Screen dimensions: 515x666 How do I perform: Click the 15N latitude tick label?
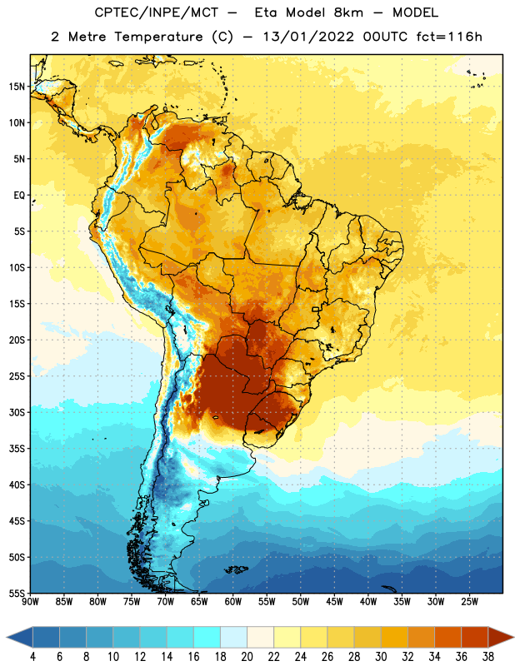(x=17, y=87)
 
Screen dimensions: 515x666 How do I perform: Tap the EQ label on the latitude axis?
(x=19, y=196)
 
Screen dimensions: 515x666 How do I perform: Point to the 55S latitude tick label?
(x=17, y=593)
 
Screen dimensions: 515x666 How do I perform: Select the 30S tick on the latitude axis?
(x=17, y=412)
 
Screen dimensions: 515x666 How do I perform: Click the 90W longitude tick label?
(x=30, y=601)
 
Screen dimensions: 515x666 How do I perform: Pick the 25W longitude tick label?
(x=469, y=601)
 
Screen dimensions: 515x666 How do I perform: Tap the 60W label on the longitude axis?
(x=233, y=601)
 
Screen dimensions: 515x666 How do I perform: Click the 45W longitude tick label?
(x=334, y=601)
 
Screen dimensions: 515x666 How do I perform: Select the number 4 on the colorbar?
(x=32, y=657)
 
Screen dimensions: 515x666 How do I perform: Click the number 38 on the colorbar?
(x=488, y=657)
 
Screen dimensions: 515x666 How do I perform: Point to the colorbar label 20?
(x=247, y=657)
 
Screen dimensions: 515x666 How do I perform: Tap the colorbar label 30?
(x=381, y=657)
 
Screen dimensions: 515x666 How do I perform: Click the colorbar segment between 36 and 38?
(x=475, y=637)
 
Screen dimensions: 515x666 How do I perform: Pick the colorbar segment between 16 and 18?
(x=207, y=637)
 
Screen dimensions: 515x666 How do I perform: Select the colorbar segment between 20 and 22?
(x=261, y=637)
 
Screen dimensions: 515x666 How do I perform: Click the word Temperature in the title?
(x=158, y=37)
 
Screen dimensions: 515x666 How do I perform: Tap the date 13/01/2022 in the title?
(x=308, y=37)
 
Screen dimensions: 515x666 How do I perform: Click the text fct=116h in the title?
(x=449, y=37)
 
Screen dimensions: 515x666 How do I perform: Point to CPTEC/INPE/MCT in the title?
(x=156, y=12)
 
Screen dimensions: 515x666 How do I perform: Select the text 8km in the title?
(x=348, y=12)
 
